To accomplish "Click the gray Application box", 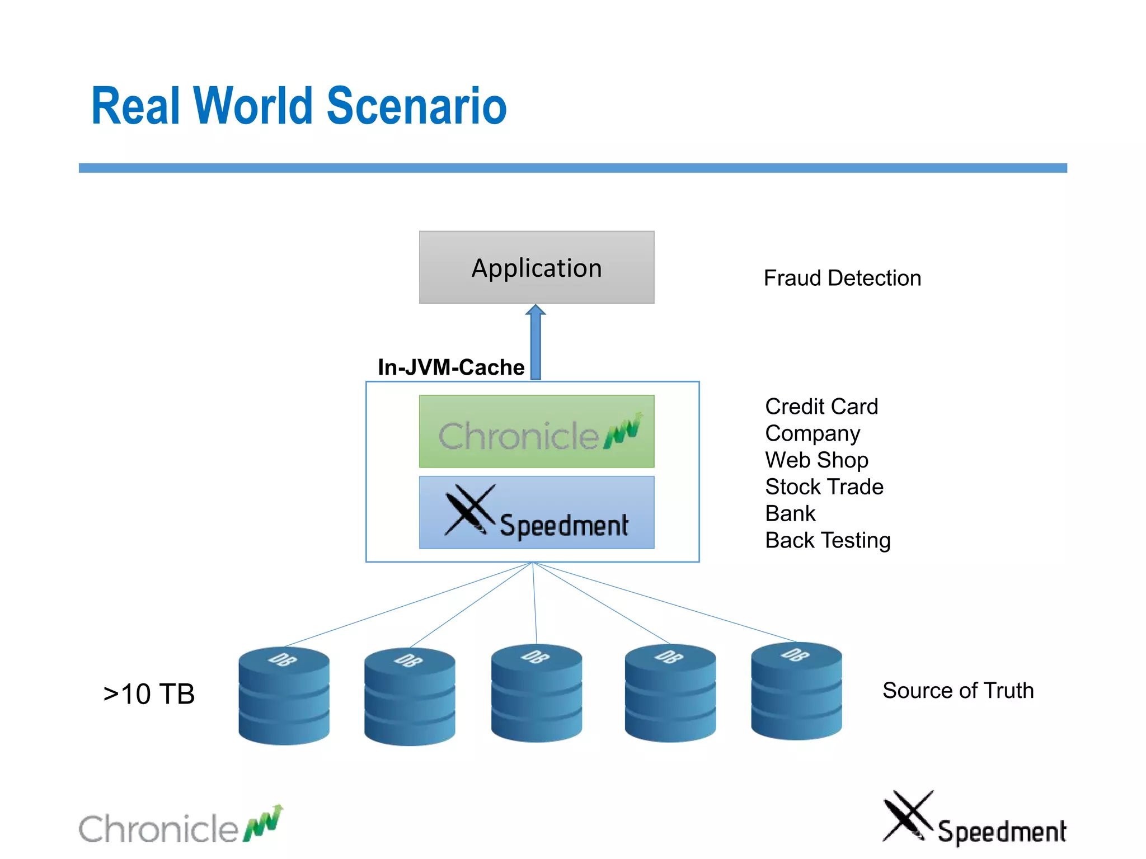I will click(x=536, y=267).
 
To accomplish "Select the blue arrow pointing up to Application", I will click(x=536, y=342).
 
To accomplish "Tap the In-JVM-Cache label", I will click(x=451, y=367).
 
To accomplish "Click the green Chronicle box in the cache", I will click(x=536, y=431).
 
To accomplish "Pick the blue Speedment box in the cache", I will click(x=536, y=512).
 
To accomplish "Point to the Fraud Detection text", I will click(x=842, y=278).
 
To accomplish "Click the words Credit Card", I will click(x=821, y=407).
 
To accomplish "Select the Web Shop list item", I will click(x=816, y=460).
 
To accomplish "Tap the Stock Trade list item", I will click(x=824, y=487).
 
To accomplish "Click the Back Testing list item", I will click(x=828, y=540).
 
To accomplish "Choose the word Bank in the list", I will click(x=790, y=513).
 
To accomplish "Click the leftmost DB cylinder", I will click(x=284, y=696).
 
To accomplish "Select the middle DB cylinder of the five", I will click(x=536, y=693).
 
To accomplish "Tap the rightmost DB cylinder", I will click(x=796, y=691).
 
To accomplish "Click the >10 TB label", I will click(x=149, y=694).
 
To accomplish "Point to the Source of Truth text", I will click(x=957, y=691).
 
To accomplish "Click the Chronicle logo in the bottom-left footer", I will click(x=180, y=827).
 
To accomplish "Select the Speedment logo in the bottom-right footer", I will click(x=974, y=819).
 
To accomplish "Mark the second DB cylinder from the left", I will click(x=410, y=697).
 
